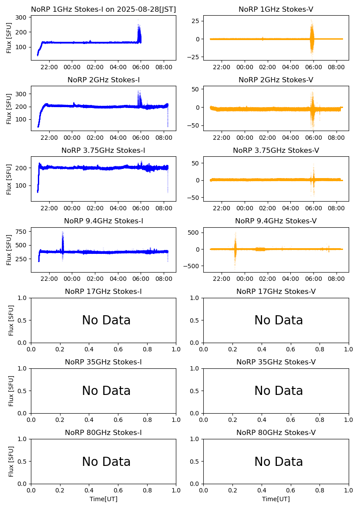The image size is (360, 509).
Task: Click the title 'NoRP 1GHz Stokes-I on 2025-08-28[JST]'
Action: [x=103, y=9]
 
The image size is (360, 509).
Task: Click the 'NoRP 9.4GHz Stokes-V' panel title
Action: [x=276, y=221]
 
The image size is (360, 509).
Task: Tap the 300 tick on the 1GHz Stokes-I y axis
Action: [x=22, y=17]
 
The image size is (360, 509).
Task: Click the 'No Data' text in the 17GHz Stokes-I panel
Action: [x=106, y=320]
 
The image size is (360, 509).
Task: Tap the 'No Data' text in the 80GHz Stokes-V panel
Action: [x=279, y=462]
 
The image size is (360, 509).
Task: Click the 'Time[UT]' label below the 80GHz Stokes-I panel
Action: [x=104, y=499]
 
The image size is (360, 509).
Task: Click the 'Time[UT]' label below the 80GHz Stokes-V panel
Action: [x=276, y=499]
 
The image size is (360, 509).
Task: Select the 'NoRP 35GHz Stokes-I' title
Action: [x=103, y=362]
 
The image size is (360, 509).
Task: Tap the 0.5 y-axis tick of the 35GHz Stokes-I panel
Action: [x=22, y=391]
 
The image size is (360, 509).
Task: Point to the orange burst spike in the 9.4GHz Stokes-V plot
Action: [x=235, y=249]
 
